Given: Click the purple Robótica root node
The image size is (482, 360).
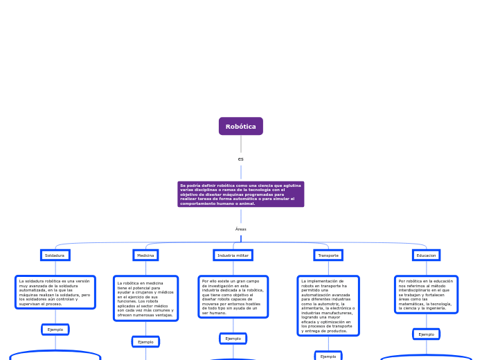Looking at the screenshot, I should point(241,127).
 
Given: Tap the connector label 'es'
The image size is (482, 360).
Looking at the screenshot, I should point(241,159).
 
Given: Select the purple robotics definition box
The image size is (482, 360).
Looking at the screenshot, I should point(241,195).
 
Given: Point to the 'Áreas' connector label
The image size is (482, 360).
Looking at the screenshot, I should point(241,229).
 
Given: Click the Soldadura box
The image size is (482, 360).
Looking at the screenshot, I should point(55,255).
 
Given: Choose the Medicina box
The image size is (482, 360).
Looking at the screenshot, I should point(145,255).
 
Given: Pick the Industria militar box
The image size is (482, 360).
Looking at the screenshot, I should point(233,255).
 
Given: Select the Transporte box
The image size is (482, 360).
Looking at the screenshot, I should point(328,255).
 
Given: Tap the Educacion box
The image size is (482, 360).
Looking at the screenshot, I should point(426,255).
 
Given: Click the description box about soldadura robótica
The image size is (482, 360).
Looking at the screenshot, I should point(55,292).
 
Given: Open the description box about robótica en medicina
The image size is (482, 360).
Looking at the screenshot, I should point(145,298).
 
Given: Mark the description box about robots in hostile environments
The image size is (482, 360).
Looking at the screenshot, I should point(233,297).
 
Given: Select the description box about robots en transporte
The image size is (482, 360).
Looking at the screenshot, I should point(328,306).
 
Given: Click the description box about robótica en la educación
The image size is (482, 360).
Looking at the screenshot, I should point(426,294).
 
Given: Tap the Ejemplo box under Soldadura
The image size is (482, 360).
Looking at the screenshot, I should point(55,330).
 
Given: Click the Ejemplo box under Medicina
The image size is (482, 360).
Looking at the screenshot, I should point(145,342).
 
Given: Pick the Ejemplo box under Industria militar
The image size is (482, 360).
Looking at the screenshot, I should point(233,339).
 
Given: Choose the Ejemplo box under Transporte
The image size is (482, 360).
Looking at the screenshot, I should point(328,357).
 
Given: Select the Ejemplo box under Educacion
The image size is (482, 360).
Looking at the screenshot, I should point(426,334).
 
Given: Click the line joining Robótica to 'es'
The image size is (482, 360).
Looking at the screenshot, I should point(241,144).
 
